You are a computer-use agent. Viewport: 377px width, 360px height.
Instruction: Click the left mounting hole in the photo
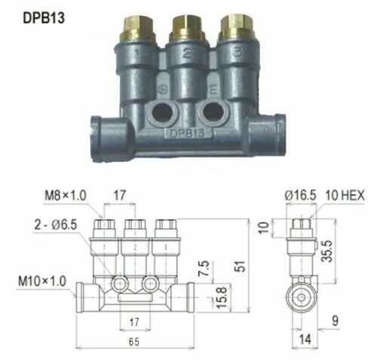[x=161, y=112]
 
